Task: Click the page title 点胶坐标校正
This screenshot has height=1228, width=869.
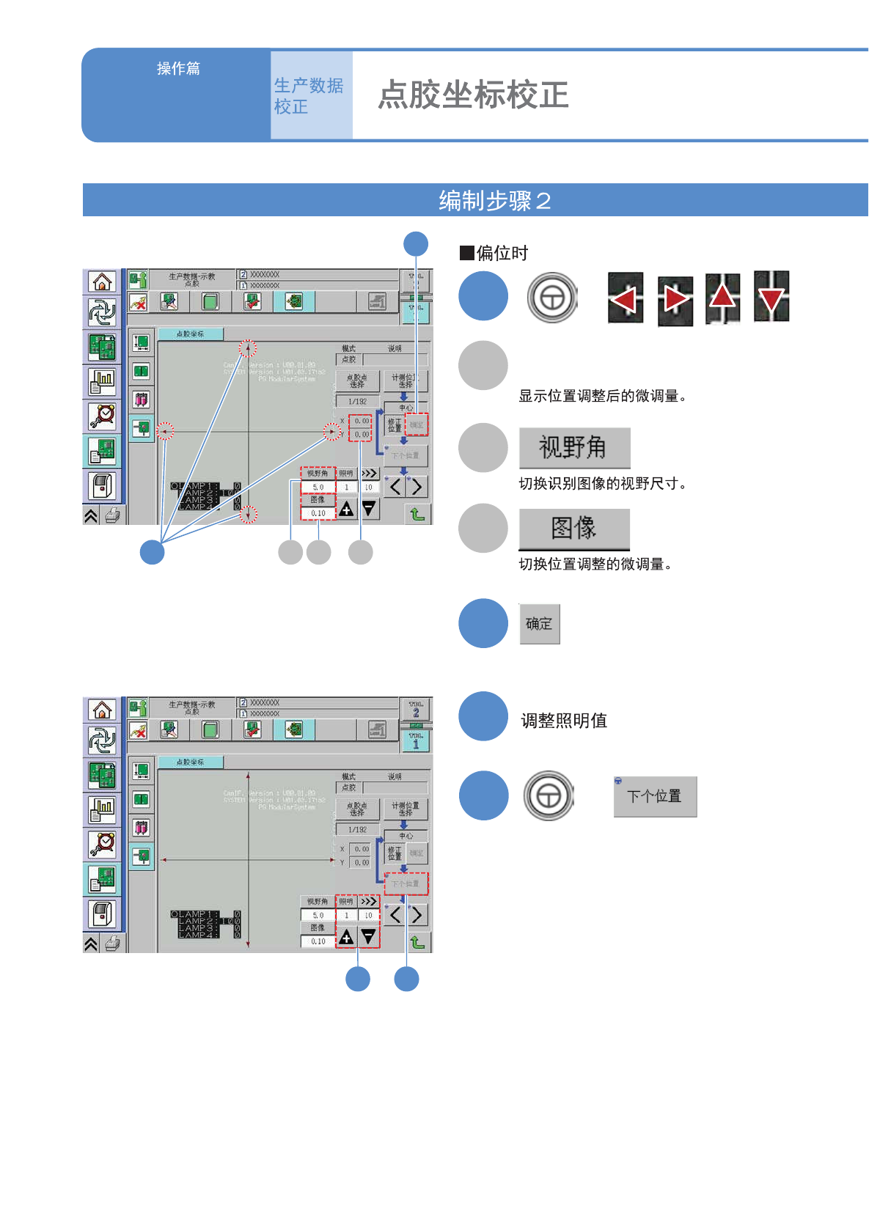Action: [473, 95]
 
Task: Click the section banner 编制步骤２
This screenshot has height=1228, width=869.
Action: [494, 200]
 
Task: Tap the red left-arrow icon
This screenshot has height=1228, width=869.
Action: [625, 298]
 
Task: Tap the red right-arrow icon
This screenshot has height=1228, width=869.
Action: [675, 299]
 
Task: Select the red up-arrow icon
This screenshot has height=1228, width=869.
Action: [722, 297]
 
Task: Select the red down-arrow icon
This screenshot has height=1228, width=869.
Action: [771, 297]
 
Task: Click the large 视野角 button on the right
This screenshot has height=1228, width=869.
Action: [574, 447]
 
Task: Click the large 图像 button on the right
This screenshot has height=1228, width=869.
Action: [574, 528]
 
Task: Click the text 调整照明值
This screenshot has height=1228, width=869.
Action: [564, 721]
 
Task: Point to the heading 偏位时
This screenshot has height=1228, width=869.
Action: [502, 254]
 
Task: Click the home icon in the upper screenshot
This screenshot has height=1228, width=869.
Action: [102, 282]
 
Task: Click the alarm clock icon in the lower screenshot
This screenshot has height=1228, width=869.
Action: [102, 844]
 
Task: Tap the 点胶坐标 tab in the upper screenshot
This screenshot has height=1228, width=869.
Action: [191, 334]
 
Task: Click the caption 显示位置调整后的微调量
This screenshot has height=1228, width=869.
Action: [601, 396]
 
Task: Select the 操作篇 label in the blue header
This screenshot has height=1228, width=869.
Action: [178, 68]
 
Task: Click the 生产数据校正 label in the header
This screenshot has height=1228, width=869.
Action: [309, 96]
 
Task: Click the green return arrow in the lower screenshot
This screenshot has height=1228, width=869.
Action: [417, 942]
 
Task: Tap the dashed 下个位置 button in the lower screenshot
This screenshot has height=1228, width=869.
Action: [406, 883]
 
